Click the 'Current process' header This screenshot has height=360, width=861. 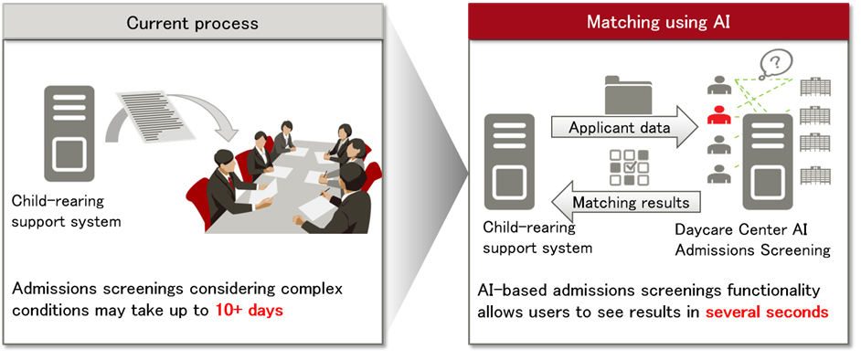(192, 23)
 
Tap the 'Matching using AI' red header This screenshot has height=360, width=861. (658, 23)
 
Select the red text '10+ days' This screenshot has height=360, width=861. (249, 310)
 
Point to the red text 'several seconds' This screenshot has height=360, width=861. (767, 312)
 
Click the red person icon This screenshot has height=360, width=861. (720, 116)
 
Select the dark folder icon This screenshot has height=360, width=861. (628, 93)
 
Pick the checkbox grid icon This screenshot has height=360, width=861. (630, 168)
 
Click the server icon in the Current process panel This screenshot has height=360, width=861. (69, 132)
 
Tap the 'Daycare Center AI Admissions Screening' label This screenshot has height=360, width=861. (752, 239)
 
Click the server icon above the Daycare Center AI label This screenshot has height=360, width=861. (768, 162)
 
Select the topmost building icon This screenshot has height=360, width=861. (815, 87)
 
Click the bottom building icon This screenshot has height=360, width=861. (815, 175)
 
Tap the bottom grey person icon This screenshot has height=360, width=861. (720, 174)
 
